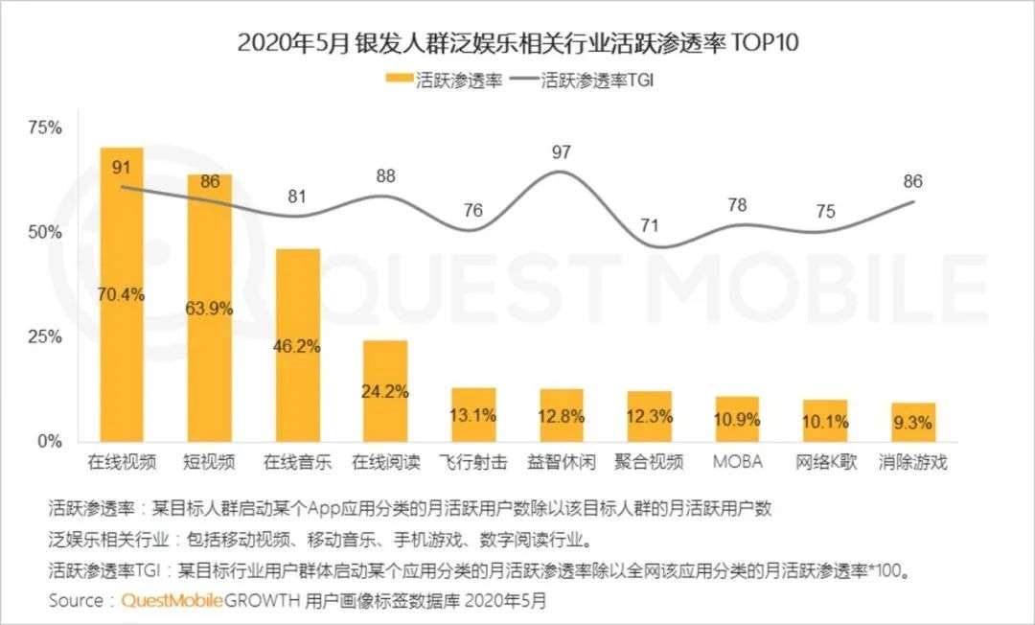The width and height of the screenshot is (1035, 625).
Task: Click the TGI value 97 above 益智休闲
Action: click(562, 151)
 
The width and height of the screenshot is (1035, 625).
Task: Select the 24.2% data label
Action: click(385, 391)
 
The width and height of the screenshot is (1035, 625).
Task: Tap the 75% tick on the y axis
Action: click(45, 128)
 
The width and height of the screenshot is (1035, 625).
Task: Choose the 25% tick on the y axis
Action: click(45, 337)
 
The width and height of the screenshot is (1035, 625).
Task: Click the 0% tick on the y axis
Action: click(50, 442)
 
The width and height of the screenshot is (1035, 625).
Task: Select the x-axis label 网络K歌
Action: click(825, 462)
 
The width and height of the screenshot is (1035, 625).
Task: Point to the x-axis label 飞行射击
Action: click(473, 462)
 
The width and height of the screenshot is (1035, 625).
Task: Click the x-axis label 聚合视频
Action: click(650, 462)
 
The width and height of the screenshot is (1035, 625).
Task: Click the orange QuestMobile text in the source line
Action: click(172, 601)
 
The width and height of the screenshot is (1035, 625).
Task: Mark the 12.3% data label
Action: click(650, 416)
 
